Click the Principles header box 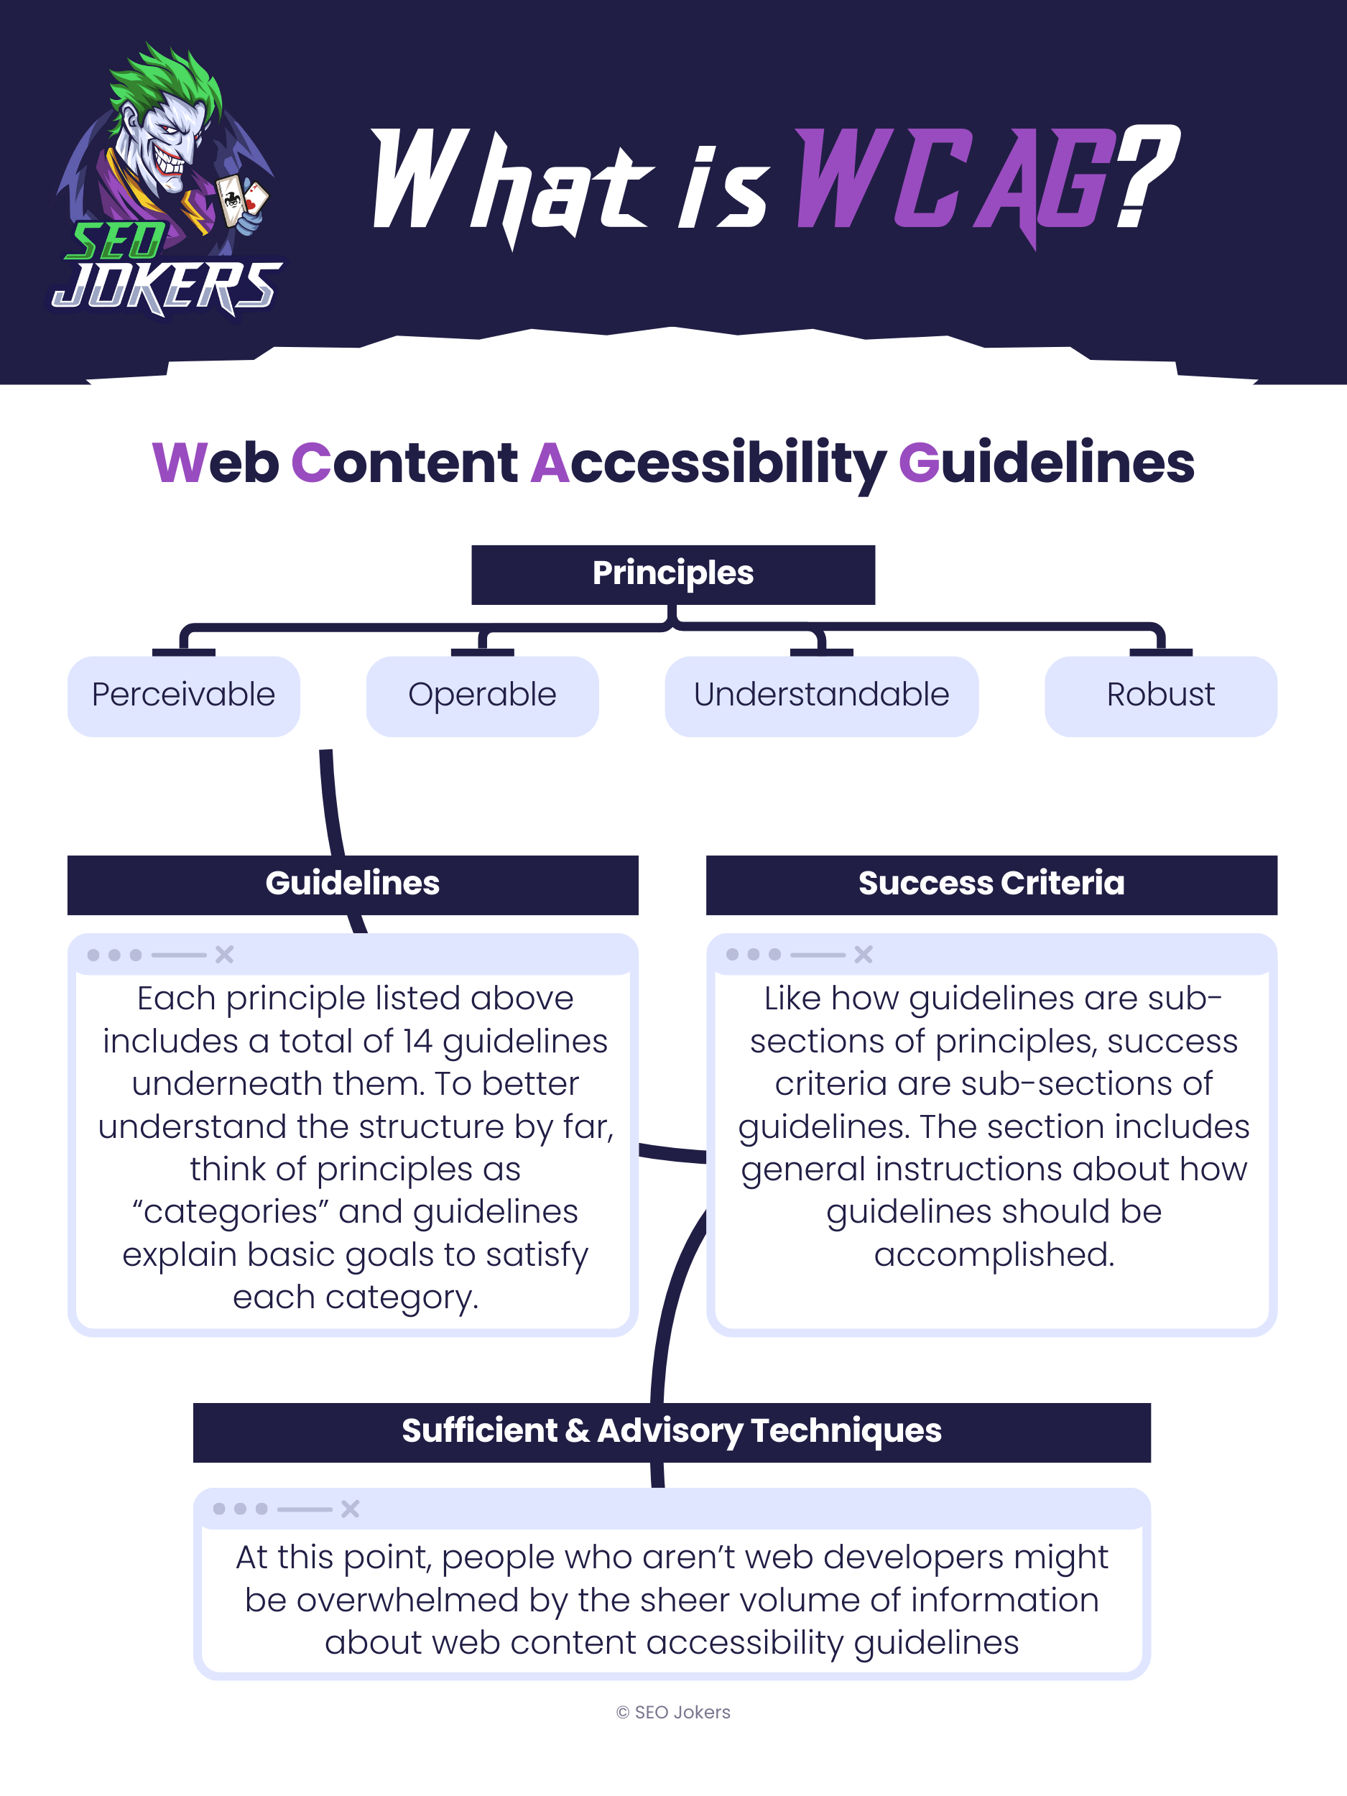pyautogui.click(x=672, y=574)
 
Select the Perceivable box pyautogui.click(x=183, y=696)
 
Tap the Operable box pyautogui.click(x=482, y=696)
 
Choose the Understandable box pyautogui.click(x=821, y=696)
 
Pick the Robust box pyautogui.click(x=1160, y=696)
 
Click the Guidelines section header pyautogui.click(x=353, y=884)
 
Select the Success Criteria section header pyautogui.click(x=991, y=884)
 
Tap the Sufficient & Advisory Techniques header pyautogui.click(x=672, y=1432)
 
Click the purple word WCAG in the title pyautogui.click(x=954, y=180)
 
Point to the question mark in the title pyautogui.click(x=1145, y=175)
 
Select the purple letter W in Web pyautogui.click(x=180, y=463)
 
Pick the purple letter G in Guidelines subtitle pyautogui.click(x=918, y=463)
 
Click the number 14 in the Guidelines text pyautogui.click(x=418, y=1042)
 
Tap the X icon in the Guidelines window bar pyautogui.click(x=225, y=955)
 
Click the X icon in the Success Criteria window pyautogui.click(x=863, y=955)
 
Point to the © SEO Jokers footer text pyautogui.click(x=673, y=1711)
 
